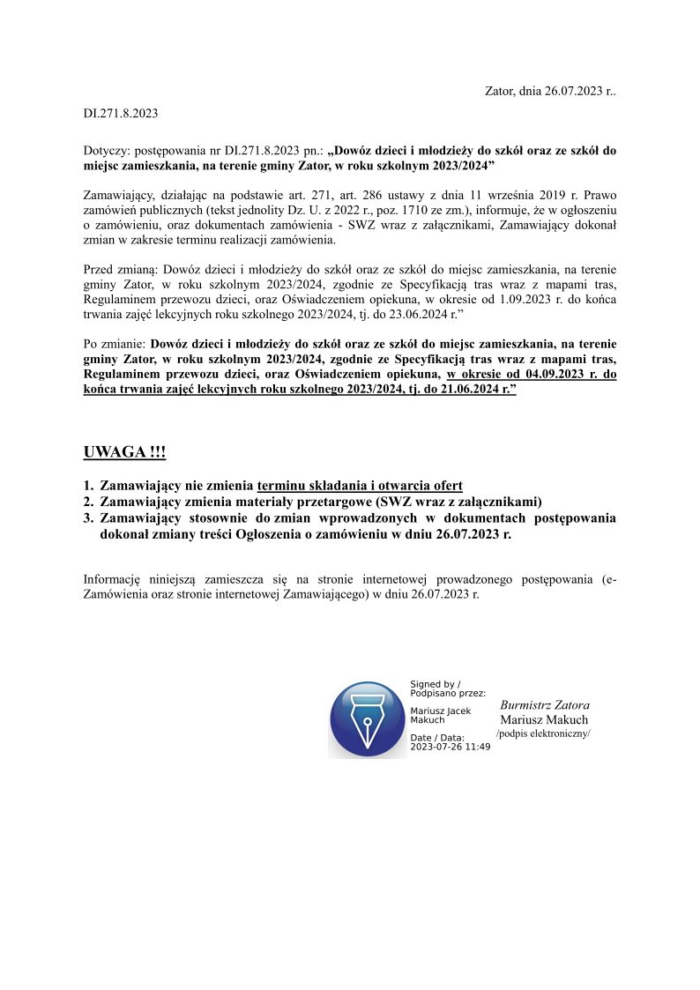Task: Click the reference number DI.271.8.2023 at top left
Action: coord(121,113)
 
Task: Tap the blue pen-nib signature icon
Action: coord(367,719)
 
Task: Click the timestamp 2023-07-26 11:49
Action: coord(451,746)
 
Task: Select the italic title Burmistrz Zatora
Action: coord(544,705)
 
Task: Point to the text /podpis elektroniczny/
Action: coord(543,733)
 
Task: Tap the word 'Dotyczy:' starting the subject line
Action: coord(106,151)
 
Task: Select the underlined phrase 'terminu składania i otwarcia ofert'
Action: coord(360,486)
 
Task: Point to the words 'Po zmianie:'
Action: coord(115,344)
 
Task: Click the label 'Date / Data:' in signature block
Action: coord(437,737)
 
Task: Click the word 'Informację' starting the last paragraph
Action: coord(112,579)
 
